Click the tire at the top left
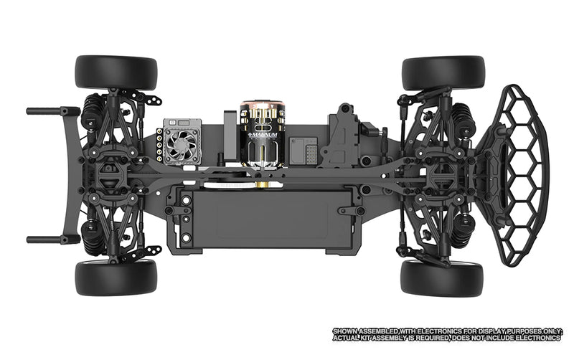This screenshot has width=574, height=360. coord(116,72)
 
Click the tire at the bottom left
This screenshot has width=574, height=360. coord(116,278)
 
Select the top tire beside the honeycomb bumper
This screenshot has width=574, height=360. coord(443,72)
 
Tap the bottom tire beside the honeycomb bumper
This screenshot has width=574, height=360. coord(443,278)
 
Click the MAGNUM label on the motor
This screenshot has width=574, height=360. coord(265,134)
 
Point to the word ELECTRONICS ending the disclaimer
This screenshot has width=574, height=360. coord(539,338)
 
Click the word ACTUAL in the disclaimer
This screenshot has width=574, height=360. coord(346,338)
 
